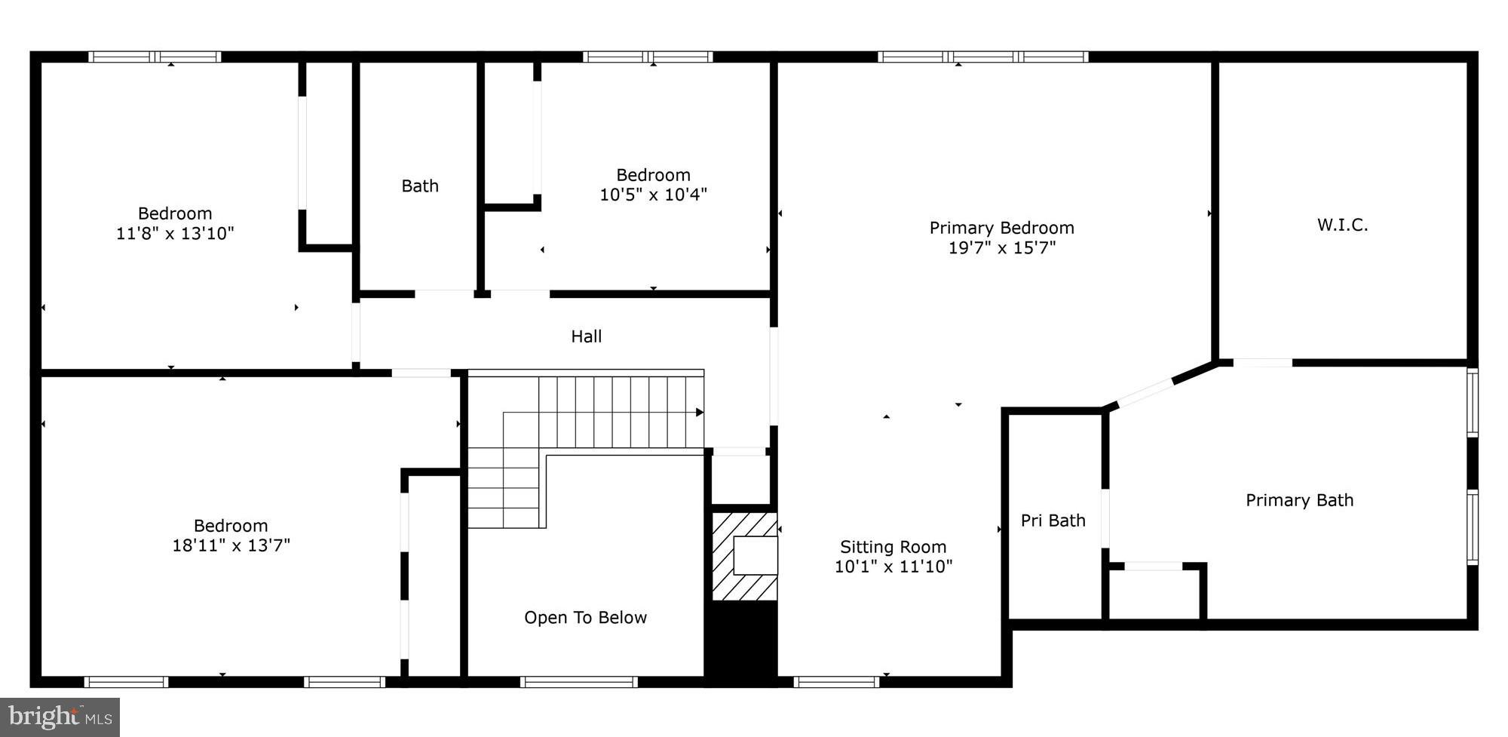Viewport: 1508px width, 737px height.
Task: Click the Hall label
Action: pos(586,336)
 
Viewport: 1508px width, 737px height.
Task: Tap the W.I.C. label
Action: pos(1342,225)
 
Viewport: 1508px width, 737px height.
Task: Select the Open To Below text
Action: pos(585,618)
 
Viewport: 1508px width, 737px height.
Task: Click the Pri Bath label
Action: pos(1053,521)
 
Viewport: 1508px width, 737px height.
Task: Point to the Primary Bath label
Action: pos(1299,500)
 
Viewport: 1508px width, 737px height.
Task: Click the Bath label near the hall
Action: pos(419,186)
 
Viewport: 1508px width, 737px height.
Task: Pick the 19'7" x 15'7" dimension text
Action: pos(1001,247)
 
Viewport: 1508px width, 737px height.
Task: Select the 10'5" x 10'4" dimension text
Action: pos(653,195)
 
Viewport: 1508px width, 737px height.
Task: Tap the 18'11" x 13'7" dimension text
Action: pos(231,545)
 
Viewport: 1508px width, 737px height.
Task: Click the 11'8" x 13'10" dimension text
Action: pos(175,233)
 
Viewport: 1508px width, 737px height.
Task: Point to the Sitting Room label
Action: pos(893,547)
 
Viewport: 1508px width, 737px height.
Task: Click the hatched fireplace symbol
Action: pos(744,557)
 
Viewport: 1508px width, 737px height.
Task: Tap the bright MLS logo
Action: pos(60,717)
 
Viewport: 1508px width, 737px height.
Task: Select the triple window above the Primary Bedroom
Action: pos(982,57)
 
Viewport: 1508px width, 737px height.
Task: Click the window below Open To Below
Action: pos(579,682)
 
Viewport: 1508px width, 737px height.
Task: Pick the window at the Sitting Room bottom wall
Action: pos(836,682)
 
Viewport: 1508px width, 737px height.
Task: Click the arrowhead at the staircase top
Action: pos(700,413)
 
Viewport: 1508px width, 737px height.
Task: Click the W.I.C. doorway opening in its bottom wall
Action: pos(1263,363)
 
